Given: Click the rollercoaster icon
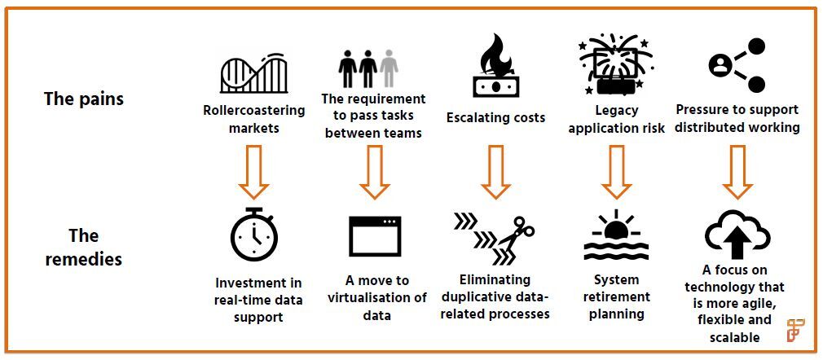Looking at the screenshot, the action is [254, 73].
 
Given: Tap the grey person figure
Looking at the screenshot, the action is [389, 68].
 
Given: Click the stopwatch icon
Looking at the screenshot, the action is [254, 235].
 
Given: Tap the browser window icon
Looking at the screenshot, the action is [375, 236].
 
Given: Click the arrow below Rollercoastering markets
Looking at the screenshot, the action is [253, 172].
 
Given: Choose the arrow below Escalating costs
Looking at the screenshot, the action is [495, 172].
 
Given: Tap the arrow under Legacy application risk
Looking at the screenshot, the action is [616, 172].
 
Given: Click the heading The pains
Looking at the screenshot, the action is [84, 99].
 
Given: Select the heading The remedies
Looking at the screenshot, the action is [84, 247].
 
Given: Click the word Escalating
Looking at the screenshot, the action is [476, 117].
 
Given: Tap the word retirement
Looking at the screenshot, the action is [616, 296].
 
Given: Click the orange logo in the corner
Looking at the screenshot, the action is [796, 330].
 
